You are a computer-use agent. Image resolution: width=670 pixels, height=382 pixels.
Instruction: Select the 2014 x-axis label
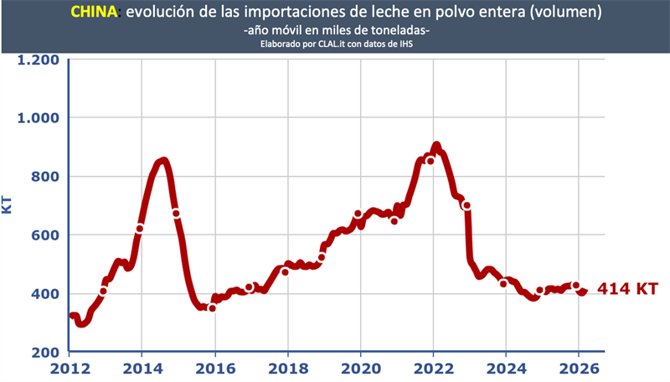141,368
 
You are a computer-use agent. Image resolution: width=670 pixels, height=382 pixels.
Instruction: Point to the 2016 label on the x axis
214,368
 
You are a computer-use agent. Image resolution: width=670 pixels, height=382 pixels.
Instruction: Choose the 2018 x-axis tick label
287,368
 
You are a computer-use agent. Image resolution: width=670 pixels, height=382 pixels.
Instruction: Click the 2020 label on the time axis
360,368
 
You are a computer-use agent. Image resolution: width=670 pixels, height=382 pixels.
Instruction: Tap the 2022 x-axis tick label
433,368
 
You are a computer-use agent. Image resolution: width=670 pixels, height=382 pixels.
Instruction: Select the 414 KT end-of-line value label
627,289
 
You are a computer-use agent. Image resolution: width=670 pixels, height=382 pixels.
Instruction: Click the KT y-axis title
8,204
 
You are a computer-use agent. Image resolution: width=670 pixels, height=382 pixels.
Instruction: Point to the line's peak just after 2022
436,146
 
